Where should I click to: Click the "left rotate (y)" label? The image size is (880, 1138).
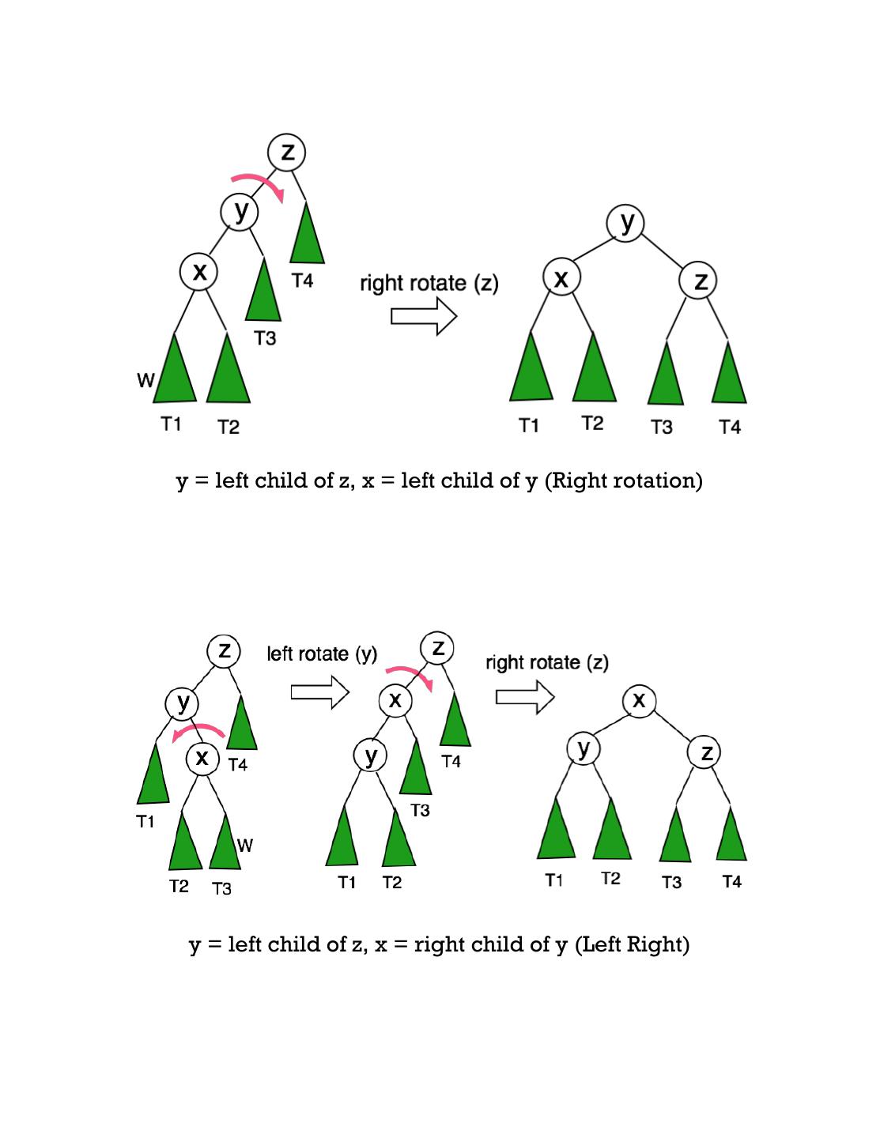(x=322, y=654)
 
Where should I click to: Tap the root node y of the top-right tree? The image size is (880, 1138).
(x=626, y=223)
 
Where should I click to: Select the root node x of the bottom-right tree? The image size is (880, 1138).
(x=639, y=700)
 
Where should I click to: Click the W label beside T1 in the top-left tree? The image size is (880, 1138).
(x=145, y=381)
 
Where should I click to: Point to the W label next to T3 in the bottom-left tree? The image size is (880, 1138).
(x=245, y=846)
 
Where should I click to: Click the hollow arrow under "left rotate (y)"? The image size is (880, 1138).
(x=320, y=692)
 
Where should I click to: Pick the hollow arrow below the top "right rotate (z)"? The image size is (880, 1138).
(x=424, y=317)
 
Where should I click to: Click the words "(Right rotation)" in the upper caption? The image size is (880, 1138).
(x=623, y=480)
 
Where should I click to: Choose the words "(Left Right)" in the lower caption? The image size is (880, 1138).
(x=632, y=944)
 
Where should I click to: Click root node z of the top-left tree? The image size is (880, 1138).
(x=287, y=152)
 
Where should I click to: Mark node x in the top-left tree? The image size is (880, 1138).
(x=199, y=273)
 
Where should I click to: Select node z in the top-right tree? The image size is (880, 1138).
(x=700, y=281)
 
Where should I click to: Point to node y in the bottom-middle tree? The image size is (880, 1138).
(x=371, y=756)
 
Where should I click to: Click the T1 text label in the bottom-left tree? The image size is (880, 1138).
(x=145, y=822)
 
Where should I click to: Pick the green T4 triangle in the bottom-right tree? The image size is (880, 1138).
(x=731, y=836)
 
